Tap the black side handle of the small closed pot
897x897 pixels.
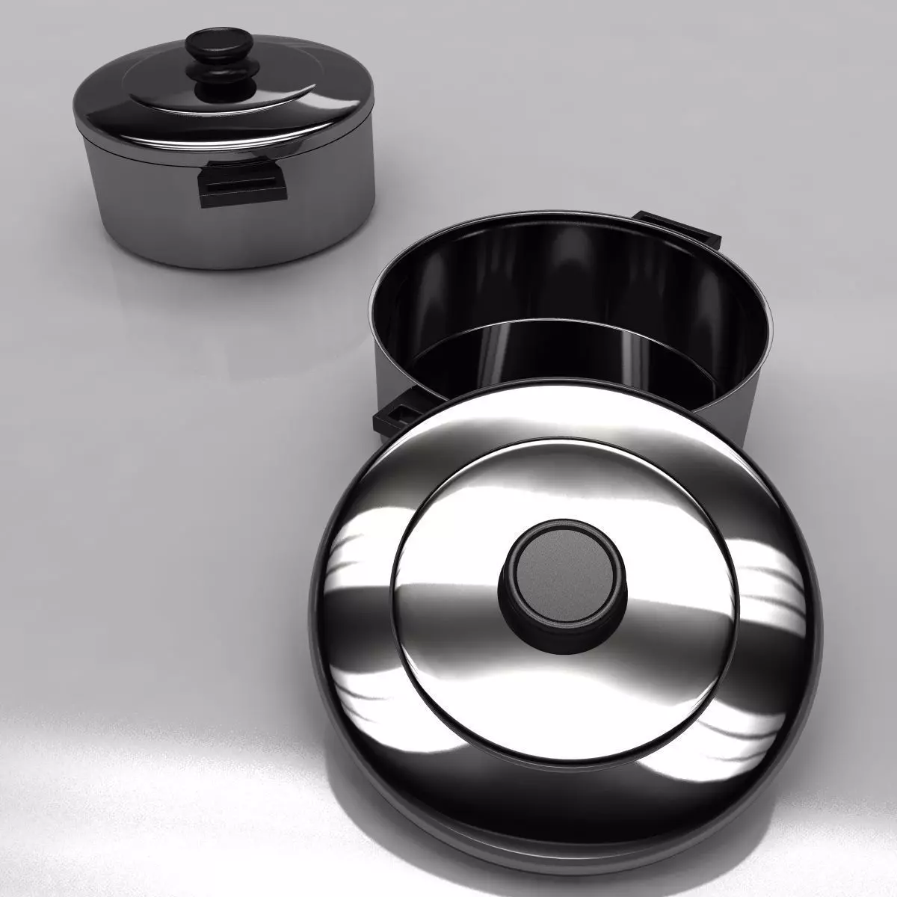tap(242, 182)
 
